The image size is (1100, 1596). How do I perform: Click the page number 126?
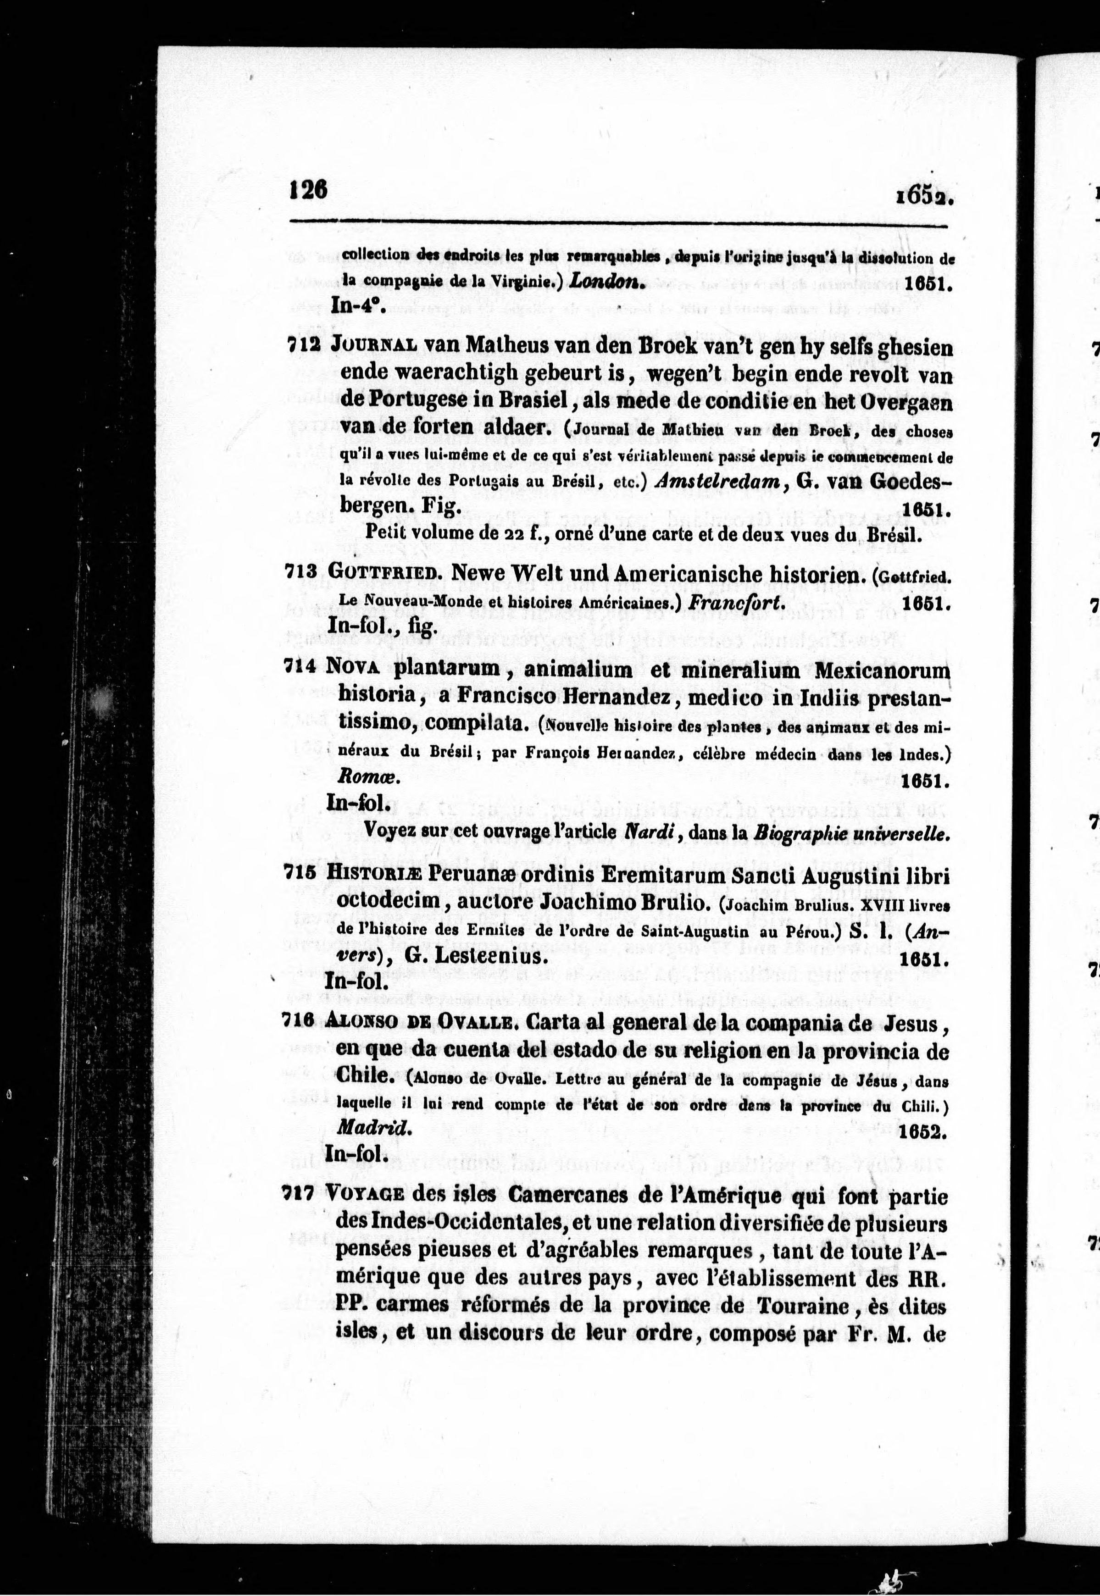(308, 188)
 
